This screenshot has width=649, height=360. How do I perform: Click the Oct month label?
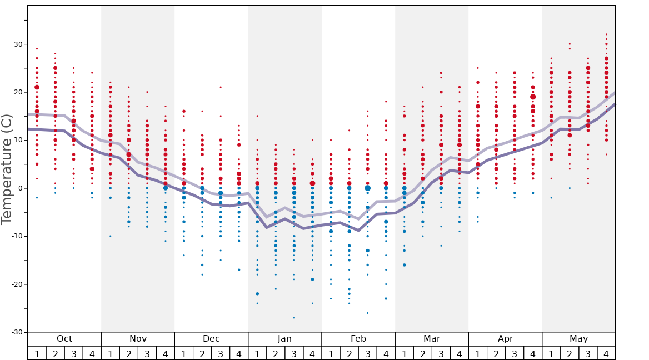[x=64, y=339]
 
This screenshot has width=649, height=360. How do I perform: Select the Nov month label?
[x=138, y=339]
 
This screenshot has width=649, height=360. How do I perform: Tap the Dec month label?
[x=211, y=339]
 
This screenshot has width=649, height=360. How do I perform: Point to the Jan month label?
[x=284, y=339]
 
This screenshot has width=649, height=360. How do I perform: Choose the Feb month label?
[x=358, y=339]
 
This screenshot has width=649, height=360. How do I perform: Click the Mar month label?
[x=432, y=339]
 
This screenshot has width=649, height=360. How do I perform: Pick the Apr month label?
[x=505, y=339]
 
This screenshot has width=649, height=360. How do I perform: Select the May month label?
[x=578, y=339]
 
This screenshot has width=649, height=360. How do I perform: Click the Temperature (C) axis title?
[x=7, y=169]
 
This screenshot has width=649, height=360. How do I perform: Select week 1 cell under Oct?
[x=37, y=353]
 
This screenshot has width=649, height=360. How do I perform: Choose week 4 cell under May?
[x=606, y=353]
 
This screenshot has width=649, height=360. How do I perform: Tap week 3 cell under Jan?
[x=294, y=353]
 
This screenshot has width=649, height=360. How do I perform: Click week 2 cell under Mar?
[x=422, y=353]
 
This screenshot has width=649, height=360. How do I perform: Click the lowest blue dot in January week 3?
[x=294, y=318]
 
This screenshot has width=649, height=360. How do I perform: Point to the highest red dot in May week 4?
[x=606, y=34]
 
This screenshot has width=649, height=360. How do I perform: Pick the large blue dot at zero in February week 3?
[x=367, y=188]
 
